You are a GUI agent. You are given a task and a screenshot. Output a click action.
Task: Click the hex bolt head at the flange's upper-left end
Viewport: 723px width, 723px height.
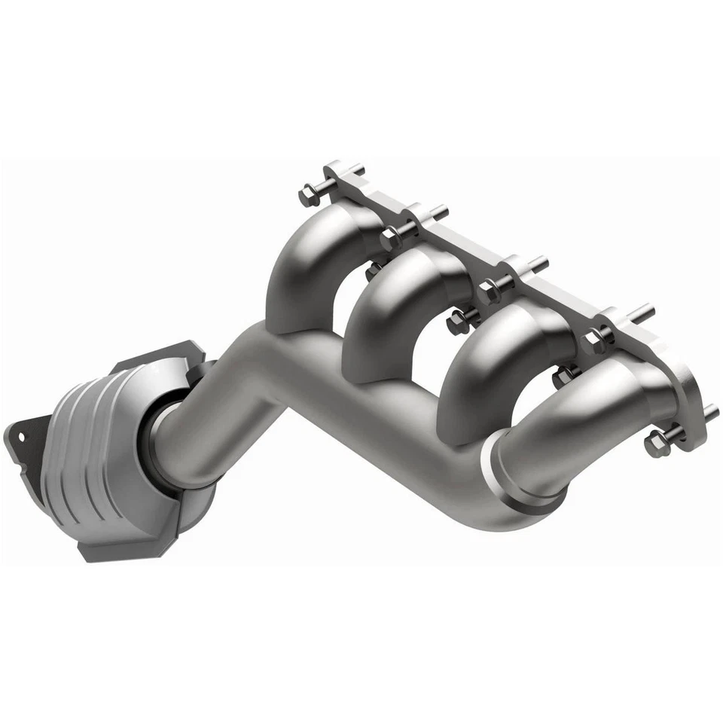[308, 197]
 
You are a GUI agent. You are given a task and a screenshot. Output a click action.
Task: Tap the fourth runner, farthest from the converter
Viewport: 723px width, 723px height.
[572, 422]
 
